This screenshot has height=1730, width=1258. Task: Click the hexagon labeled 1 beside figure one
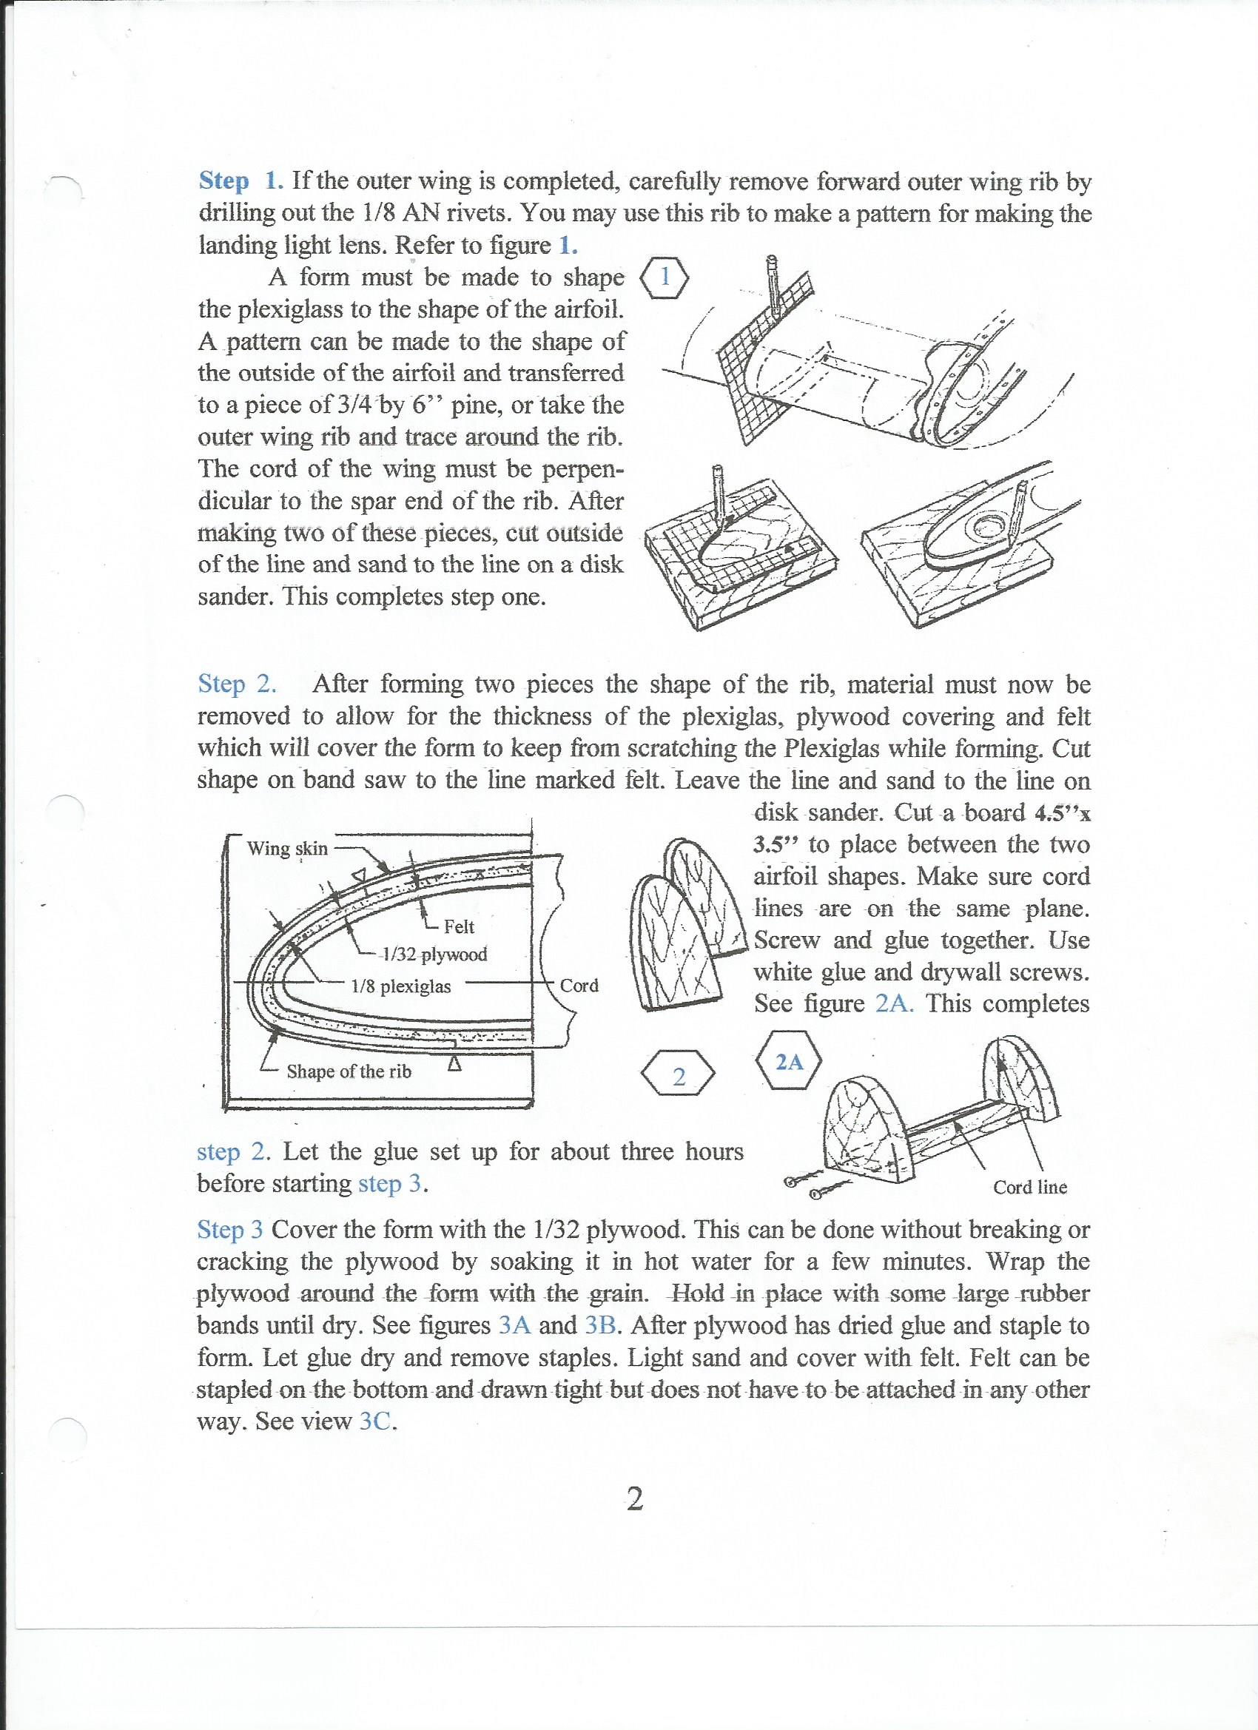tap(665, 277)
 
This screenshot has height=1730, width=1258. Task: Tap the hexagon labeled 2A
tap(789, 1061)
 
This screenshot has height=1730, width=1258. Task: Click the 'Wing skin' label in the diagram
tap(287, 848)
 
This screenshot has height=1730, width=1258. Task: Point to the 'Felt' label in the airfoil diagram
tap(459, 926)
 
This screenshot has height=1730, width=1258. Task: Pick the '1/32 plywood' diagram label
tap(434, 955)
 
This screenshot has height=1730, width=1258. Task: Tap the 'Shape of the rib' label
tap(349, 1071)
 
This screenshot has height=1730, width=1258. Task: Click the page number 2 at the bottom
tap(634, 1499)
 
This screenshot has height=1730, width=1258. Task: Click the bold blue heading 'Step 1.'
tap(241, 181)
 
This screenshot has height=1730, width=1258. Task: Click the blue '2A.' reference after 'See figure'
tap(895, 1003)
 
